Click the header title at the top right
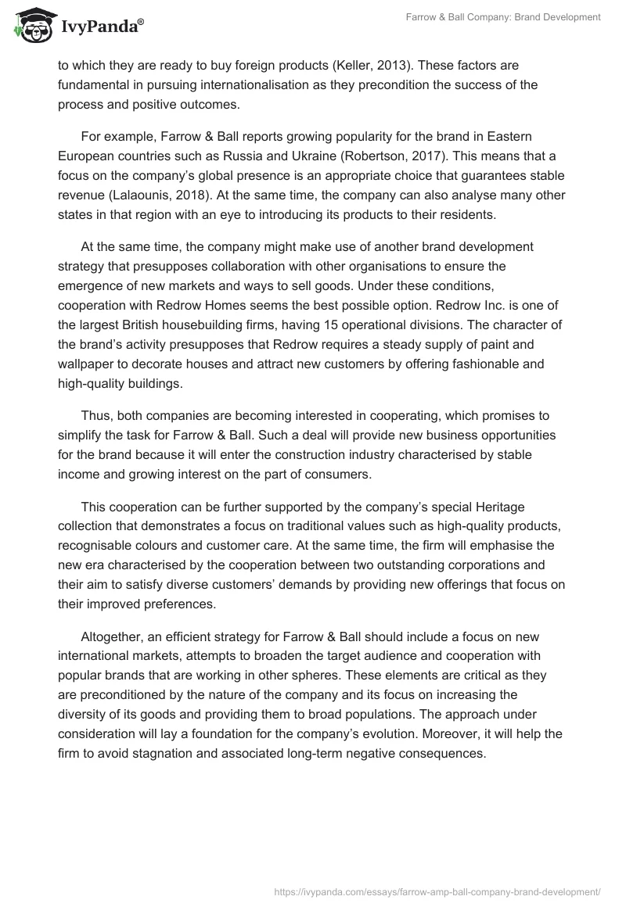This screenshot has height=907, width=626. click(514, 17)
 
